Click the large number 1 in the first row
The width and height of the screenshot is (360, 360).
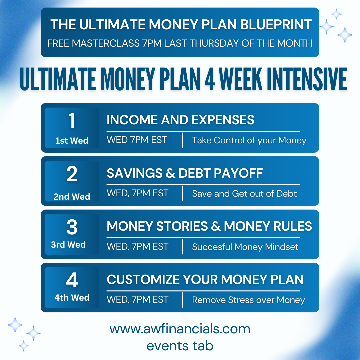[72, 121]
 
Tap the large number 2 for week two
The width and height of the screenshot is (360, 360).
[72, 174]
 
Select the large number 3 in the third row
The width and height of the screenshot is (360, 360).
[72, 227]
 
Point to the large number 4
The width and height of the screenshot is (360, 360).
[72, 281]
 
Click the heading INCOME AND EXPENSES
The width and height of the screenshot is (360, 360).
[180, 120]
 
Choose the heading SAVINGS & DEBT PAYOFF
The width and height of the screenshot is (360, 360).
[185, 173]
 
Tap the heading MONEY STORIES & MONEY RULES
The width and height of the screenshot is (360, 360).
[209, 226]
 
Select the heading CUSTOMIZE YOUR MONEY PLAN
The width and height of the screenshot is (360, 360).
[205, 279]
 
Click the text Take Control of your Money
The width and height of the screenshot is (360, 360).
[249, 140]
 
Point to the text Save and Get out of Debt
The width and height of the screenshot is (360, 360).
[244, 194]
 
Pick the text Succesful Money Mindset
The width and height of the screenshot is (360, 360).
[245, 247]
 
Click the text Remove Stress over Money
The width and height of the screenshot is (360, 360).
[248, 300]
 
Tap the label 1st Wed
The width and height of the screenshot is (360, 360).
[72, 141]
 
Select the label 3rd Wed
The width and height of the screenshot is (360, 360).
[68, 245]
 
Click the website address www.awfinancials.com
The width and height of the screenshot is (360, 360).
[180, 329]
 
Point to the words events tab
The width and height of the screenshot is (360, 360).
[180, 346]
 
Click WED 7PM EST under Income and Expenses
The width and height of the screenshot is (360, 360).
[137, 140]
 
